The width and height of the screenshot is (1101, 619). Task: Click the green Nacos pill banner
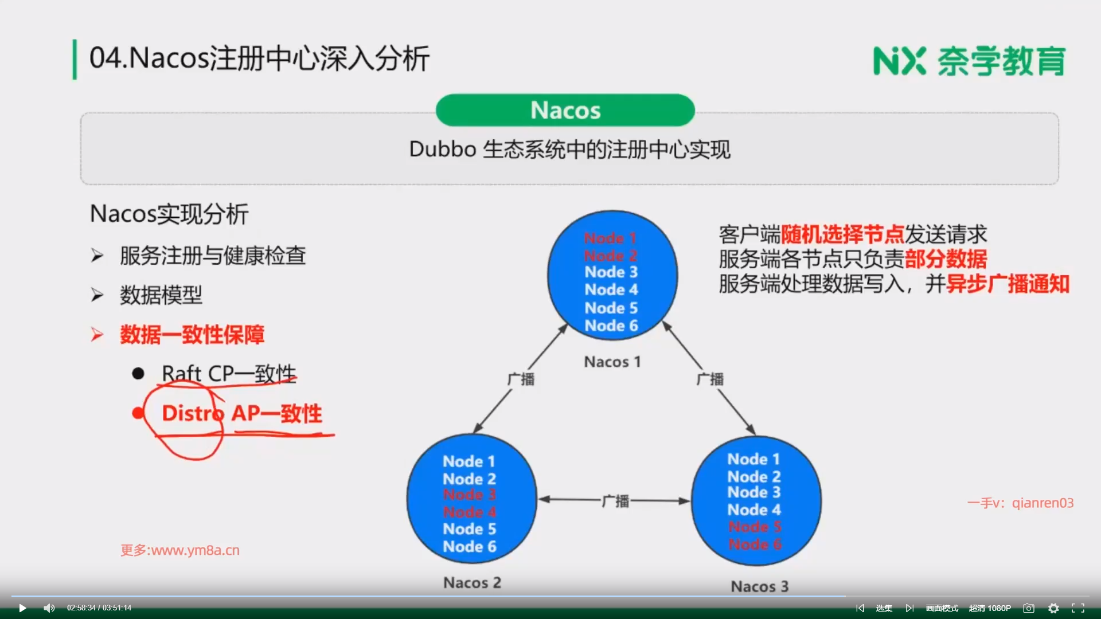coord(565,110)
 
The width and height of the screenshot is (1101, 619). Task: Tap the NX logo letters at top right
coord(899,61)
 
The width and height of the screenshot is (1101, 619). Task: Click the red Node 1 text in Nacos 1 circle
coord(610,238)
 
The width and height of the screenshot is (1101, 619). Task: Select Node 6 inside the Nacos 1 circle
coord(611,326)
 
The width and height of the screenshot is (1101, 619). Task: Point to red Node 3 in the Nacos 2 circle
coord(469,495)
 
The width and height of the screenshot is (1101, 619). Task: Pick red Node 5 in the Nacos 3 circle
coord(755,527)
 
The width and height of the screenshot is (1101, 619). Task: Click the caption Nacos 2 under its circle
coord(472,583)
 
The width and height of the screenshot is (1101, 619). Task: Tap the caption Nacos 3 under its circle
coord(759,586)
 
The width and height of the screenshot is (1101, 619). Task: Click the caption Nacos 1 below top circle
coord(612,362)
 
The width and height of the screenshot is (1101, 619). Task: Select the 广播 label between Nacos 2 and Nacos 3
coord(615,501)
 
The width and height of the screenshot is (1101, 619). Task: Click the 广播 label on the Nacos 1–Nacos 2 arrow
coord(521,379)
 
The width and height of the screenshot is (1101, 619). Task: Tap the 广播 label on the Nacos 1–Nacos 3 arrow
coord(710,379)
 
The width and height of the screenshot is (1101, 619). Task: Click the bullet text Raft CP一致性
coord(229,374)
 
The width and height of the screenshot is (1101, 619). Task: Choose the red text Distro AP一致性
coord(241,413)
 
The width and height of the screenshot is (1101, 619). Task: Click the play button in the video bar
coord(22,608)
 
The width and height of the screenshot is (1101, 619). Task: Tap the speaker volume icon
coord(49,608)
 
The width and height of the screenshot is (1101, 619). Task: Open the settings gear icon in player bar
coord(1053,608)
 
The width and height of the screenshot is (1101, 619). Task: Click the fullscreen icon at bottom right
coord(1078,608)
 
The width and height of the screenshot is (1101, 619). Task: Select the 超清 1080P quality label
coord(990,608)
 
